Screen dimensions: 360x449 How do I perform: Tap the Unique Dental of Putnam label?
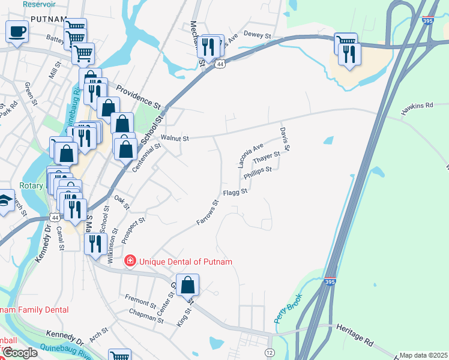pyautogui.click(x=185, y=262)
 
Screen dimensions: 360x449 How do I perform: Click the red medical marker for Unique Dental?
pyautogui.click(x=130, y=262)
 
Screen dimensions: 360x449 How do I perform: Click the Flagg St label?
pyautogui.click(x=235, y=193)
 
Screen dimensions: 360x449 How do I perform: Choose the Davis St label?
pyautogui.click(x=286, y=139)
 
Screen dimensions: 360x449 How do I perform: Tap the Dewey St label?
pyautogui.click(x=259, y=37)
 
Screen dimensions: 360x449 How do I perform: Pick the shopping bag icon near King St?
pyautogui.click(x=188, y=286)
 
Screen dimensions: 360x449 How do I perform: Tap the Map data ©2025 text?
pyautogui.click(x=423, y=355)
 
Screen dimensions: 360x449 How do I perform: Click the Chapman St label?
pyautogui.click(x=146, y=316)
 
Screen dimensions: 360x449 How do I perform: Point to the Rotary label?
pyautogui.click(x=31, y=185)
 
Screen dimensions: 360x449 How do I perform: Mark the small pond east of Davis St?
pyautogui.click(x=328, y=141)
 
